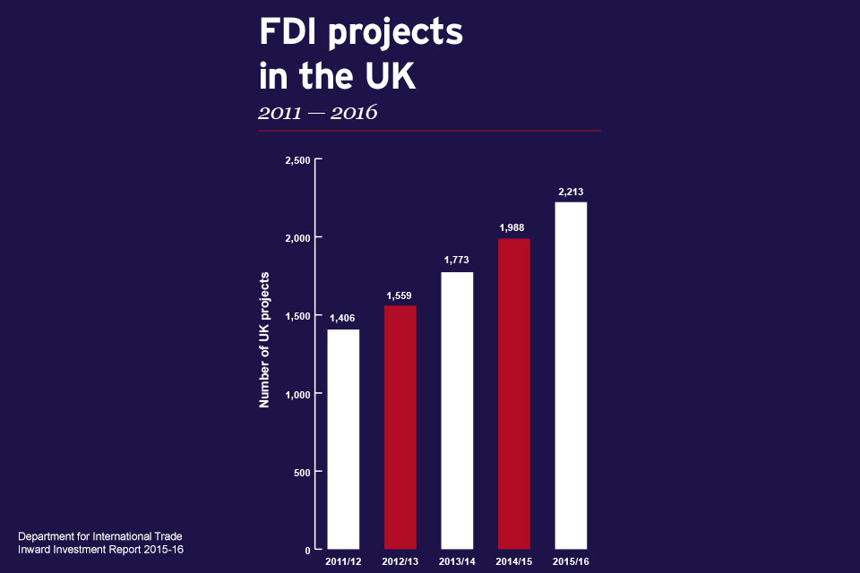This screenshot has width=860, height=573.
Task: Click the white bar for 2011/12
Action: [x=343, y=439]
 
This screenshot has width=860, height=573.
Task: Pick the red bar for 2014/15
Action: [x=514, y=393]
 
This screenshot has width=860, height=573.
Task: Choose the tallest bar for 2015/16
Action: [x=571, y=375]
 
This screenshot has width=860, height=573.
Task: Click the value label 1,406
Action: [x=343, y=318]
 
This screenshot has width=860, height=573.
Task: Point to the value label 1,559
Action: [x=400, y=295]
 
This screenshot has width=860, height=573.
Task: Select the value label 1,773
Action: [x=457, y=261]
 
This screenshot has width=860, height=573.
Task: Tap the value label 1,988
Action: [x=513, y=227]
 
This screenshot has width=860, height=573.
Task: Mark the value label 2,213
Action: [x=571, y=192]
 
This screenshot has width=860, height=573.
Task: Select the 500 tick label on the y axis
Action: [x=302, y=472]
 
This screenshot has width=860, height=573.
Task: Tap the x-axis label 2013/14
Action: [x=457, y=562]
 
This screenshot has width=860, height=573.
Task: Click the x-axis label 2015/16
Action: [x=571, y=562]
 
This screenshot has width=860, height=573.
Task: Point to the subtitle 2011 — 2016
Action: [x=317, y=113]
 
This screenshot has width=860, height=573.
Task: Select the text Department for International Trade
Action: [x=100, y=535]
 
